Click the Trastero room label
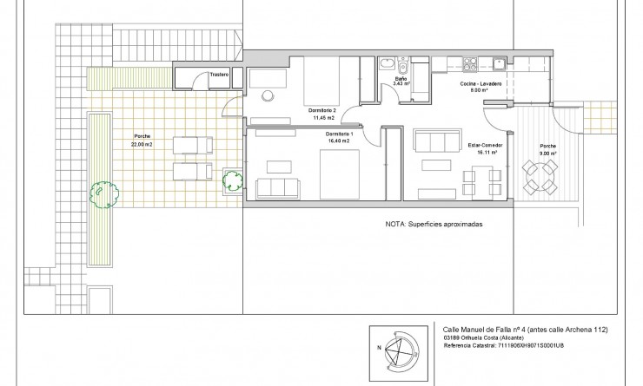[x=218, y=75]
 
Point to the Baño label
[x=401, y=79]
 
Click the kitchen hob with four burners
[x=471, y=62]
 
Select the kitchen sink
[x=500, y=62]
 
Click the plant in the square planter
[x=231, y=180]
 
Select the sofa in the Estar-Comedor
[x=437, y=141]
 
